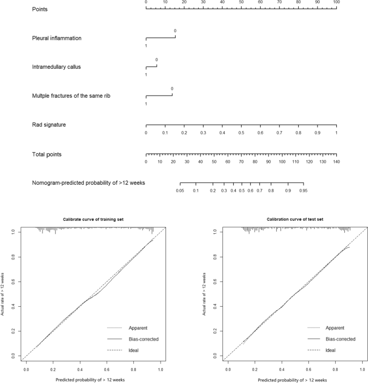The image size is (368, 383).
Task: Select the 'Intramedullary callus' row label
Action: pos(61,67)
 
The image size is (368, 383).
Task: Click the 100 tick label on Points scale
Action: pos(336,2)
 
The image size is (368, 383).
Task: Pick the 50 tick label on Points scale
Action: pos(241,2)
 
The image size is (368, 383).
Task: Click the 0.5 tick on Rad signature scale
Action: pos(241,132)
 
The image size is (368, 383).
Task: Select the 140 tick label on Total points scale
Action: pos(336,161)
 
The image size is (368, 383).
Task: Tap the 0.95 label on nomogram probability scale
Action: pos(304,190)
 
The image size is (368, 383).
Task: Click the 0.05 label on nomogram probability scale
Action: pos(180,190)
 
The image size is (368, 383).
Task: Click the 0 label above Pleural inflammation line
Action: pos(175,31)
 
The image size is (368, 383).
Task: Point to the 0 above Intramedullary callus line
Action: pos(157,60)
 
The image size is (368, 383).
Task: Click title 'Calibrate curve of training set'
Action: pos(93,220)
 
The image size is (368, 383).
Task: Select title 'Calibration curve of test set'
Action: pos(294,220)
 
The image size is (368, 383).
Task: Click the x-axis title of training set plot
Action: pos(93,379)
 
